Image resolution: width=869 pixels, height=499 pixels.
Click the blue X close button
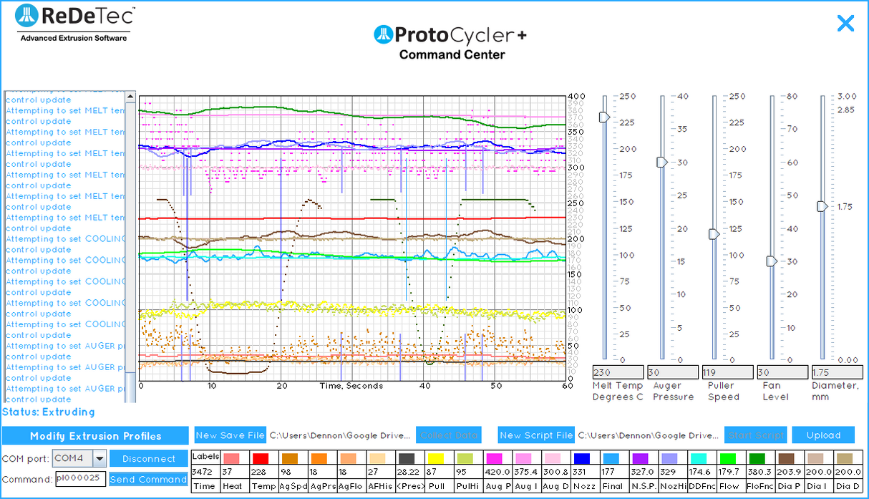coord(845,24)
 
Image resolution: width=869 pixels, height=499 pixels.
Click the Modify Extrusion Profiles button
coord(95,436)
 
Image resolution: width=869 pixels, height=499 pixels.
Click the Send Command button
coord(148,480)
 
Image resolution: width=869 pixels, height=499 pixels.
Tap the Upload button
coord(823,435)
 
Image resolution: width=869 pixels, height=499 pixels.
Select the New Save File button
coord(230,435)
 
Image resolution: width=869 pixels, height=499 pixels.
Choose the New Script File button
coord(536,435)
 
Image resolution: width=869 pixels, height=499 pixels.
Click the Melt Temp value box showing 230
coord(618,372)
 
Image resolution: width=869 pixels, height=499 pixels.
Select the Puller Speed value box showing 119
coord(727,372)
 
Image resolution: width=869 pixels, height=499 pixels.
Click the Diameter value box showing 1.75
coord(835,372)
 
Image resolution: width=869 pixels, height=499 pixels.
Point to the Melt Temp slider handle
coord(604,117)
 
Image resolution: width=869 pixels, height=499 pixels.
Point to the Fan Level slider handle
coord(772,261)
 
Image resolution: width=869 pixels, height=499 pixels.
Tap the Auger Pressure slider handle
coord(662,163)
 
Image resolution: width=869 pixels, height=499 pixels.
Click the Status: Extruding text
coord(49,412)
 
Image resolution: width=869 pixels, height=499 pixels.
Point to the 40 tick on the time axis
coord(424,386)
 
